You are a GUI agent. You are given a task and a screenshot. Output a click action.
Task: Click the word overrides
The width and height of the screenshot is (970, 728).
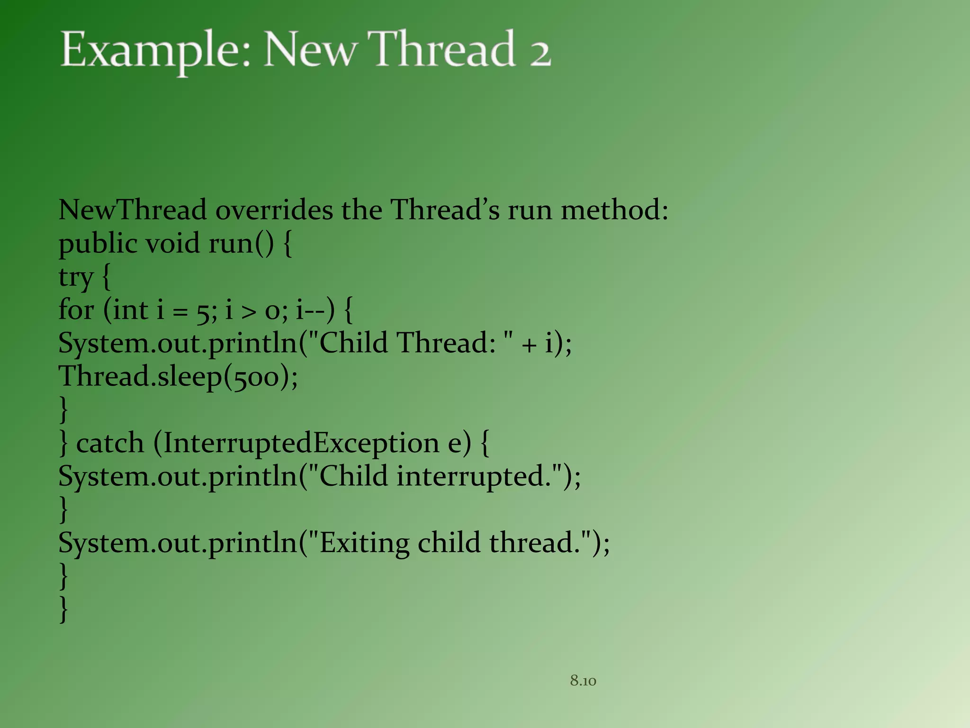tap(274, 209)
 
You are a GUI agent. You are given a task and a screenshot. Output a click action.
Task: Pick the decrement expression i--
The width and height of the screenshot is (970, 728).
tap(310, 310)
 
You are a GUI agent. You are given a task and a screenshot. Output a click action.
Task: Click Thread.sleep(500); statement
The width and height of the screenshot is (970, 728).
tap(178, 377)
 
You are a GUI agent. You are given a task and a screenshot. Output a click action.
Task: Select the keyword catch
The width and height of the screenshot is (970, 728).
tap(110, 444)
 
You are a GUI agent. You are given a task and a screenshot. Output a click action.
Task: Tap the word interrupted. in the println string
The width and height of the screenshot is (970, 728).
tap(474, 476)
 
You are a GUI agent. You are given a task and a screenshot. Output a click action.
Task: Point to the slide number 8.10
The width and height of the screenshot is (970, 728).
tap(583, 681)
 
